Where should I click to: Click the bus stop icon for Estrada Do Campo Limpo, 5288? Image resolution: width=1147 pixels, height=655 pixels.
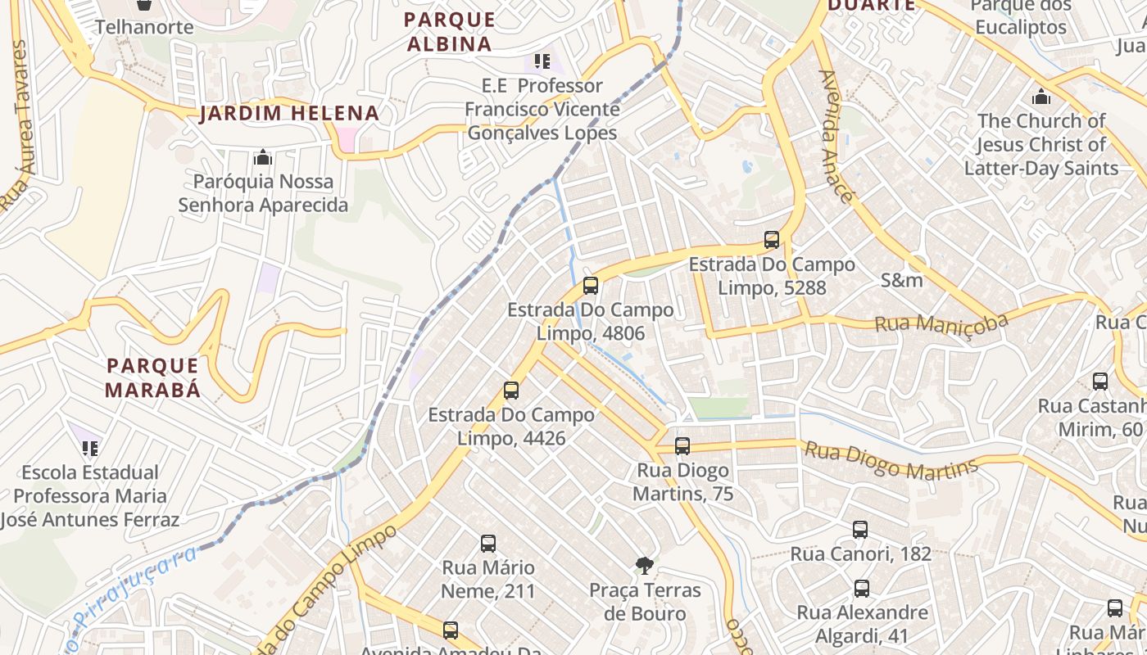pos(771,240)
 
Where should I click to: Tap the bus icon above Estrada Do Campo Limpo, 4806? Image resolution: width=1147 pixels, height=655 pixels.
pos(590,286)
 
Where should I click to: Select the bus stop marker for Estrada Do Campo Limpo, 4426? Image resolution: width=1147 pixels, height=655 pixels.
pos(511,391)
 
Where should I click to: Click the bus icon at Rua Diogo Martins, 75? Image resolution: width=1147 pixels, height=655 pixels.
pos(682,446)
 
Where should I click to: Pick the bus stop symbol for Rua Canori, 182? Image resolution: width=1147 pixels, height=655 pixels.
pos(859,530)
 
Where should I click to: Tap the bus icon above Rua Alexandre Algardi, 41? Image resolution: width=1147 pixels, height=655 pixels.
pos(861,589)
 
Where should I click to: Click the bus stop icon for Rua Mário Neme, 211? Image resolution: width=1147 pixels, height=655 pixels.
pos(488,544)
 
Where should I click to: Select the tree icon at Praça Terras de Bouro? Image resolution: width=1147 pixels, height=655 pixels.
pos(645,565)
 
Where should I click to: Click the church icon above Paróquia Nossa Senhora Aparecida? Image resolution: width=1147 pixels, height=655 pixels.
pos(263,157)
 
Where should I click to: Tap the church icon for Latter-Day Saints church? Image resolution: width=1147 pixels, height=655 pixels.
pos(1041,97)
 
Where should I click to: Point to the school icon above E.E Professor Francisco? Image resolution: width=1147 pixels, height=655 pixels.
pos(542,61)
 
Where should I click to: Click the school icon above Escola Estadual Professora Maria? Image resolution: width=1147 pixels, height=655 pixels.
pos(90,449)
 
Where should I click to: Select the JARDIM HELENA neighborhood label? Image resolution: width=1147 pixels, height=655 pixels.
pos(289,114)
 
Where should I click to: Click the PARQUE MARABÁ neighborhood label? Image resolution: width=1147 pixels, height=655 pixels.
pos(153,377)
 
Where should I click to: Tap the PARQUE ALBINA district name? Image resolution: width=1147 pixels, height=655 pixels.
pos(450,31)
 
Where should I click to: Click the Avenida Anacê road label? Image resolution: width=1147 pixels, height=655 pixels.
pos(836,136)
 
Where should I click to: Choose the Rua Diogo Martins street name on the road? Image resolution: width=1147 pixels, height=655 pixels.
pos(891,461)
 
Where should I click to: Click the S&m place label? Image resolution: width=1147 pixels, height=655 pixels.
pos(901,280)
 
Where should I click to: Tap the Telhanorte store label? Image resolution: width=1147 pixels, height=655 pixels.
pos(144,27)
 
